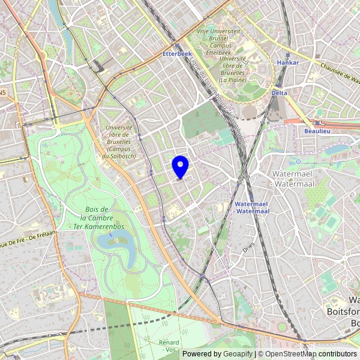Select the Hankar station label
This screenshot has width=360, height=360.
click(287, 62)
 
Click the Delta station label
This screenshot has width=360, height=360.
click(279, 93)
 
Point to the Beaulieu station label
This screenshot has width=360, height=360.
click(317, 130)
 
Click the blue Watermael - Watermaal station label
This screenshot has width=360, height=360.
click(252, 208)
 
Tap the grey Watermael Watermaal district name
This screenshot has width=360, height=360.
click(290, 178)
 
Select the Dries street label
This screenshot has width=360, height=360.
click(250, 245)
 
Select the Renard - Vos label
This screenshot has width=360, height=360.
click(169, 346)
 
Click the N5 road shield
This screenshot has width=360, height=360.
click(3, 93)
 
